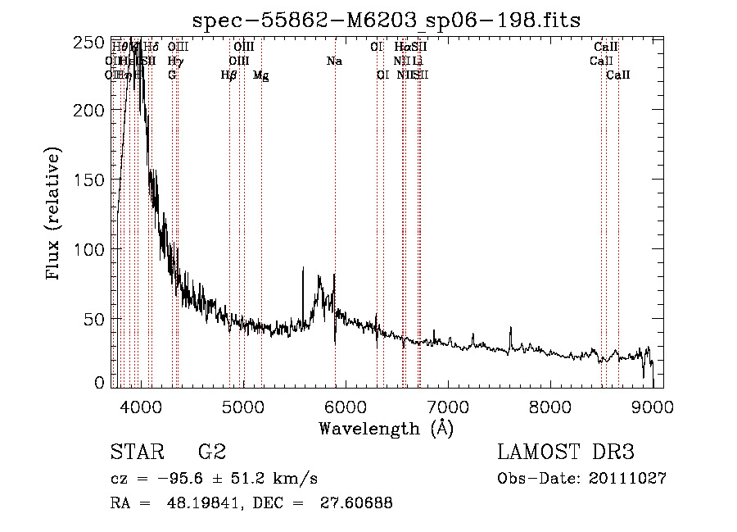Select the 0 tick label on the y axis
(99, 382)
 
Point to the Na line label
(334, 61)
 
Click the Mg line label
(260, 75)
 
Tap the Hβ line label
(229, 75)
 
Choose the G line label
(172, 75)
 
